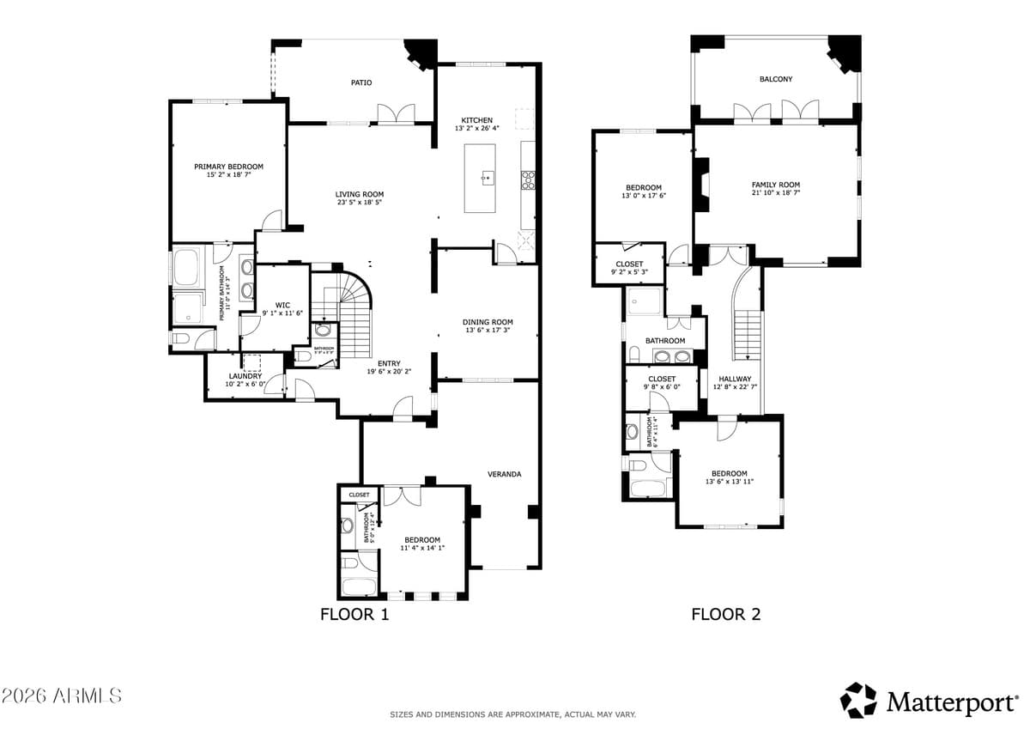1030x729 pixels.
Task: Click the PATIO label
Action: pyautogui.click(x=361, y=82)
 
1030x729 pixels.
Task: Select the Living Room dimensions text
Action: pyautogui.click(x=359, y=204)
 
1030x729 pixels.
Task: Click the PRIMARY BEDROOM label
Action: pyautogui.click(x=228, y=167)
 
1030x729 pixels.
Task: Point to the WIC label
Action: pyautogui.click(x=282, y=305)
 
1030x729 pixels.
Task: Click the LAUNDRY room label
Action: pyautogui.click(x=245, y=376)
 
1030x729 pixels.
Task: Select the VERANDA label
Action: pyautogui.click(x=505, y=474)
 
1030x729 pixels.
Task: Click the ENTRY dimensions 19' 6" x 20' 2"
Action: pyautogui.click(x=389, y=372)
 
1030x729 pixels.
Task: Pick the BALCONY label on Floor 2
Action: pyautogui.click(x=776, y=79)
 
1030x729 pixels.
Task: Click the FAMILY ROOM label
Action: pyautogui.click(x=776, y=185)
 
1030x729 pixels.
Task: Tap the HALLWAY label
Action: pyautogui.click(x=735, y=379)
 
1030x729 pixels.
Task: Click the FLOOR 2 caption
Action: pyautogui.click(x=726, y=614)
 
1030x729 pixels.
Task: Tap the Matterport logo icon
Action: pyautogui.click(x=858, y=701)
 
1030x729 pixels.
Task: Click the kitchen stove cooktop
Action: pyautogui.click(x=529, y=179)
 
